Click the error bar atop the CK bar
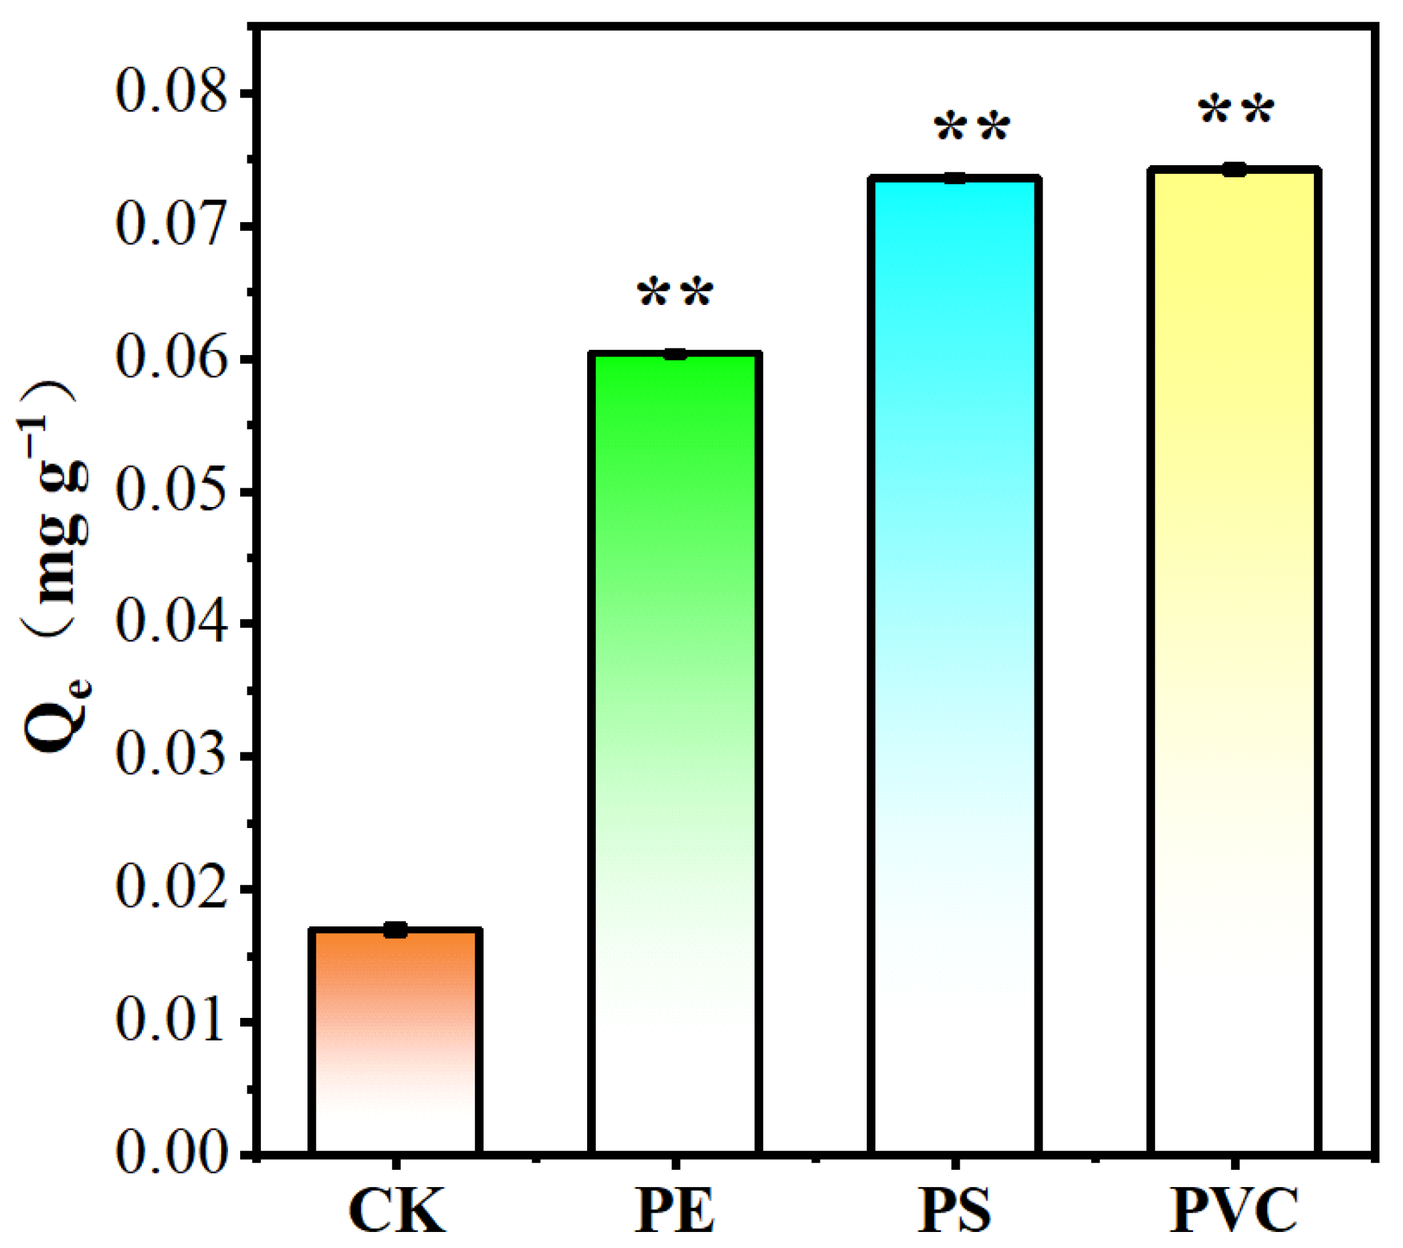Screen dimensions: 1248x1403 (395, 930)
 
